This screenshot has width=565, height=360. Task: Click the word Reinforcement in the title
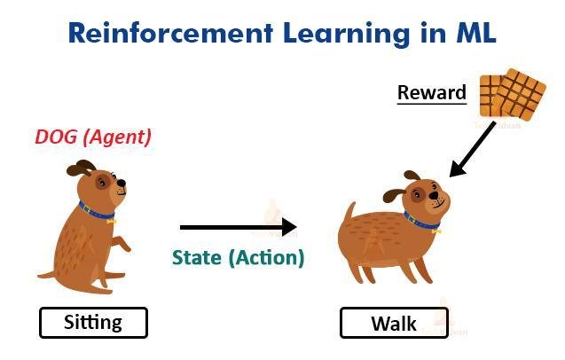click(x=170, y=33)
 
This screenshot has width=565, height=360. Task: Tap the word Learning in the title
click(x=346, y=35)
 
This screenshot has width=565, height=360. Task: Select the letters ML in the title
click(x=476, y=33)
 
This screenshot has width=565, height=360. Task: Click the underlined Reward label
click(x=432, y=93)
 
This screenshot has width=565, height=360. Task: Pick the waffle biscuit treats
click(x=513, y=94)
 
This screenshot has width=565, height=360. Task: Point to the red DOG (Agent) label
click(x=93, y=137)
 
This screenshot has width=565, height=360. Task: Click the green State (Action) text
click(x=239, y=258)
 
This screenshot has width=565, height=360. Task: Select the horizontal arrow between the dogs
click(x=239, y=227)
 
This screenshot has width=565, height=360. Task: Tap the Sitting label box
click(x=93, y=323)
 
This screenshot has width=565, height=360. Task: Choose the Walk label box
click(x=394, y=323)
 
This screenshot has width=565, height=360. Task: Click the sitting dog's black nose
click(x=122, y=183)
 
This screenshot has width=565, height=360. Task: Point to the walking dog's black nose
click(x=435, y=195)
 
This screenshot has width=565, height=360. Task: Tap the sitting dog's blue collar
click(x=96, y=212)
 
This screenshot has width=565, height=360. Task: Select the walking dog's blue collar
click(x=421, y=222)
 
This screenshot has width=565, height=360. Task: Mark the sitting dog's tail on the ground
click(x=46, y=276)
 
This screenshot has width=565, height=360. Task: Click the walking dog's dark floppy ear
click(x=394, y=195)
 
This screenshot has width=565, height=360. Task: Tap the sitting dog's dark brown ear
click(x=82, y=168)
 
